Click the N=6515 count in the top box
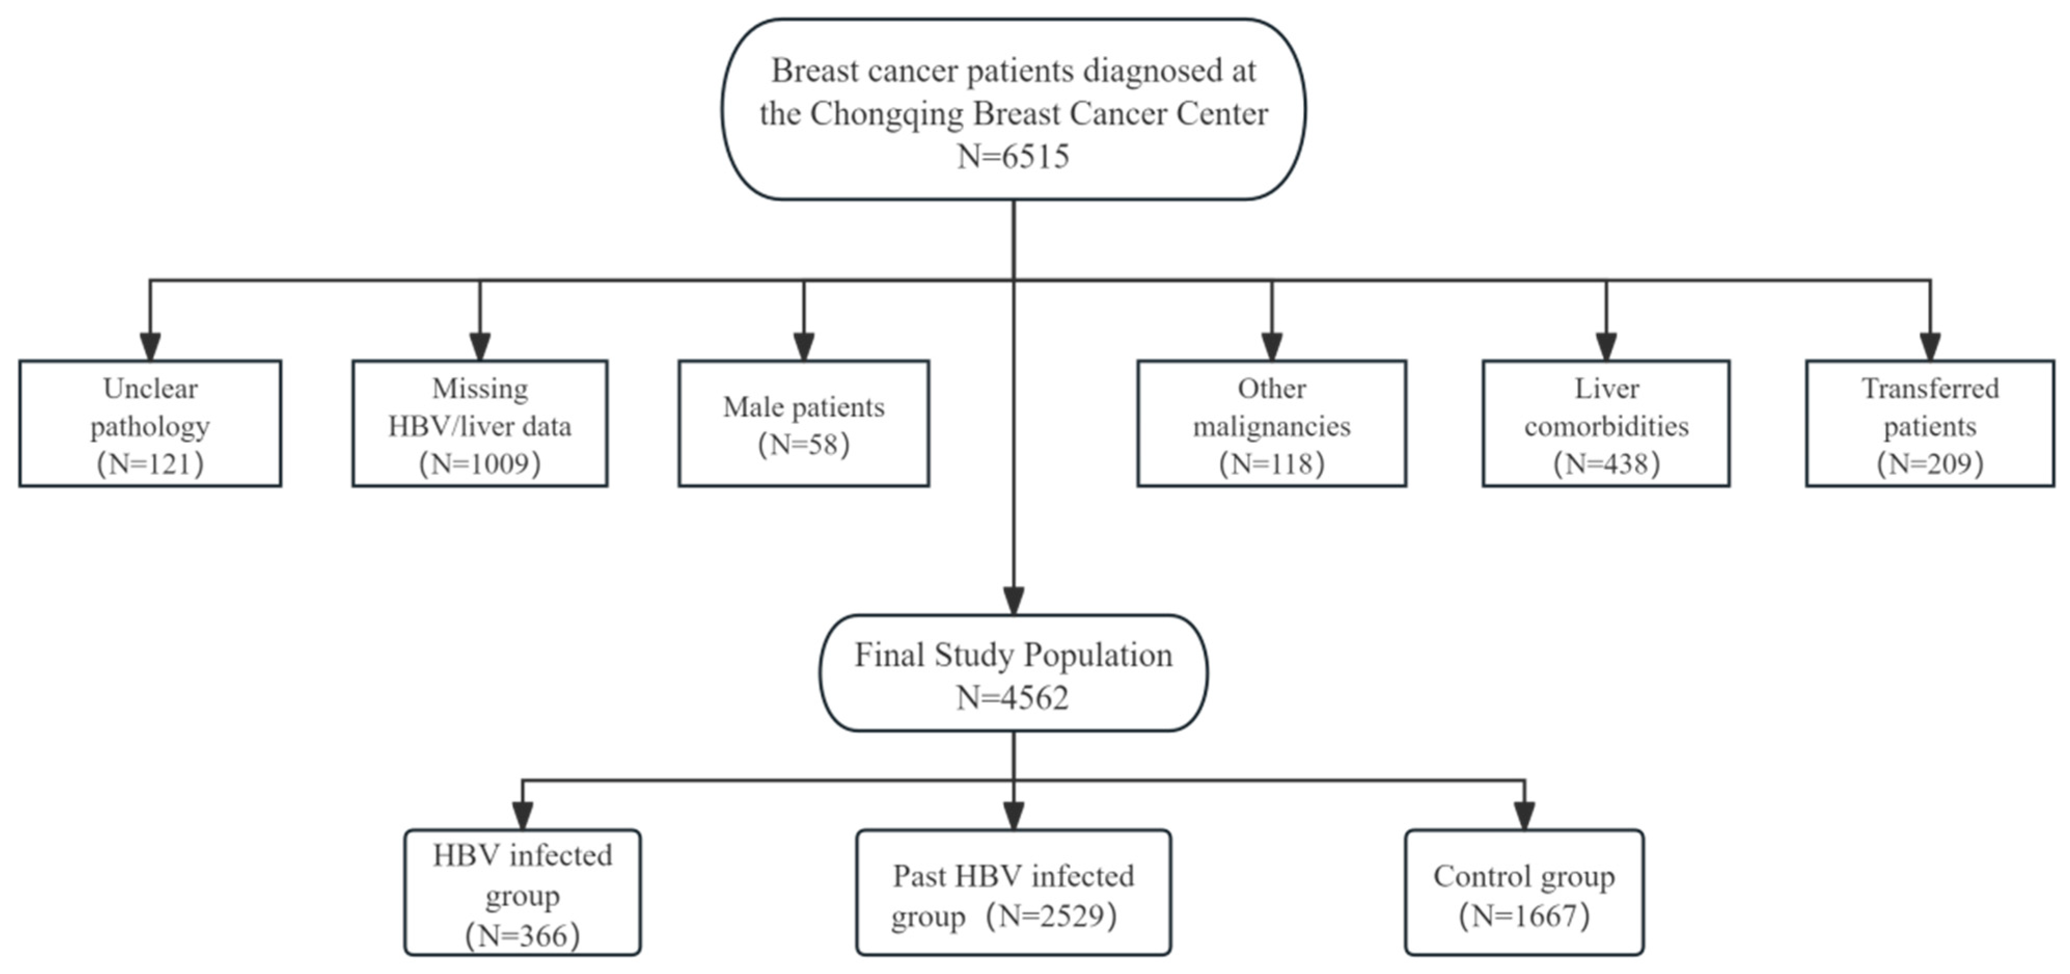tap(1013, 156)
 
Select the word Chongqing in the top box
tap(887, 113)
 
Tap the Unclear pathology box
tap(150, 423)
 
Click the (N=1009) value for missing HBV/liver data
tap(480, 464)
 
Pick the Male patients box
tap(804, 423)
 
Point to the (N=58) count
tap(804, 444)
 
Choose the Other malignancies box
tap(1271, 423)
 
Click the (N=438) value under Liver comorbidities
tap(1606, 464)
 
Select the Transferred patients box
tap(1929, 423)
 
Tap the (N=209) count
tap(1929, 464)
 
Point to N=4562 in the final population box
tap(1013, 697)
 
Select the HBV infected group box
tap(522, 892)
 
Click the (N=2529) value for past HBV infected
tap(1052, 915)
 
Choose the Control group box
tap(1524, 892)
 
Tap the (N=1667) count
tap(1524, 915)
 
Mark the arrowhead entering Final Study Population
tap(1013, 601)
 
